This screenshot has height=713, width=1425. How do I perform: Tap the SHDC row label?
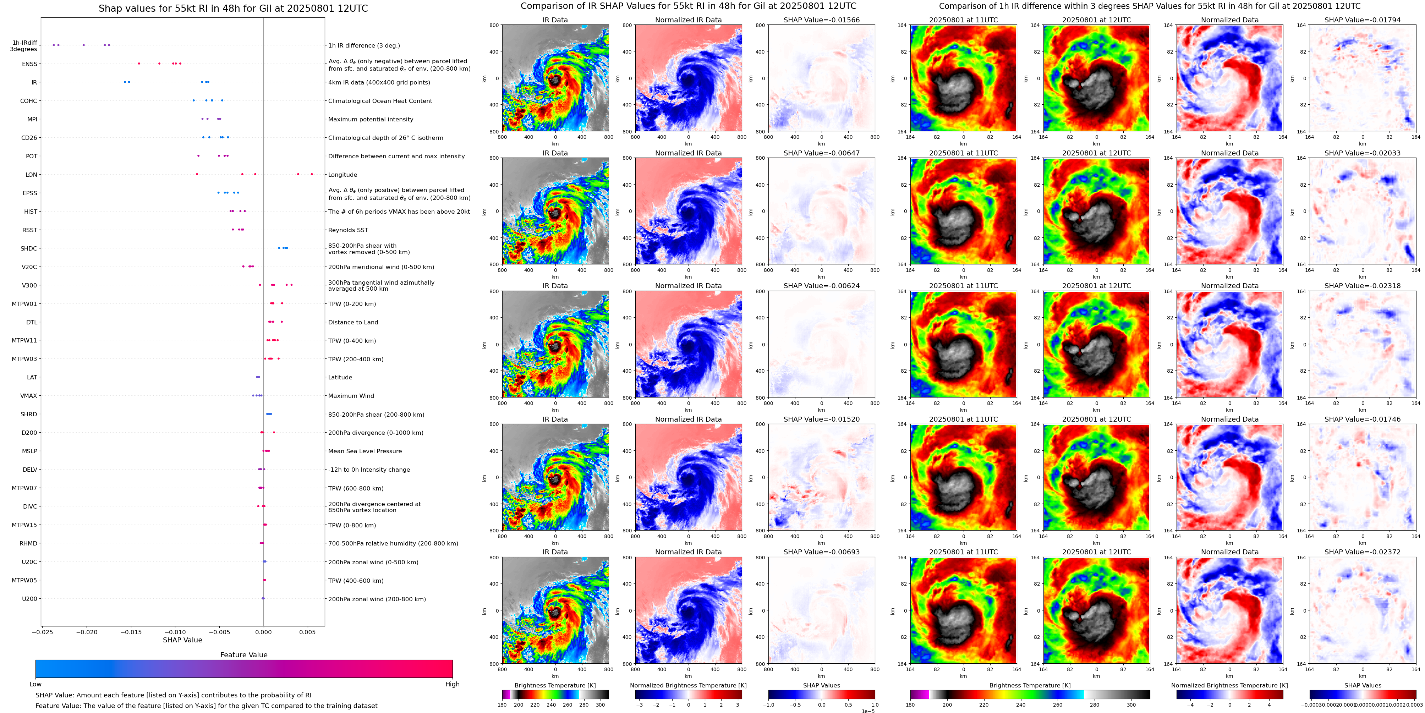click(x=29, y=248)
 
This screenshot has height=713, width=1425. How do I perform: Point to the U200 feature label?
click(x=29, y=598)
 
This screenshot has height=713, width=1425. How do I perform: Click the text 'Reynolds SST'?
click(x=348, y=230)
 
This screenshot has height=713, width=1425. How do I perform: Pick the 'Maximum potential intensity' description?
click(x=371, y=120)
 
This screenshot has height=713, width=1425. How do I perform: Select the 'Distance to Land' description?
click(x=353, y=323)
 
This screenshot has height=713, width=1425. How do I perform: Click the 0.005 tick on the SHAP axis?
click(x=308, y=632)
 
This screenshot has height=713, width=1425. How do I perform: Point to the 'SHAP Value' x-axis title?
click(x=182, y=640)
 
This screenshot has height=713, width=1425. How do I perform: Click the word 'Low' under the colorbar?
click(x=35, y=684)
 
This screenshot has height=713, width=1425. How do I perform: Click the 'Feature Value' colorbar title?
click(x=243, y=655)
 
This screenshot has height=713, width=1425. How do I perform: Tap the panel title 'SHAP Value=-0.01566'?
click(x=822, y=20)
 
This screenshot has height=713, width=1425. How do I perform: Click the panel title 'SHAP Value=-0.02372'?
click(x=1363, y=552)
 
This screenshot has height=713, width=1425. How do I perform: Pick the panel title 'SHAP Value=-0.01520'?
click(x=822, y=419)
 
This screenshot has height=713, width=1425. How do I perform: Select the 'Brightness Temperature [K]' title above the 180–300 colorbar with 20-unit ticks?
click(x=555, y=685)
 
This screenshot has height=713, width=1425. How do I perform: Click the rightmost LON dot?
click(x=312, y=174)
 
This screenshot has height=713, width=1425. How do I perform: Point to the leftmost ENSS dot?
click(x=139, y=64)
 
